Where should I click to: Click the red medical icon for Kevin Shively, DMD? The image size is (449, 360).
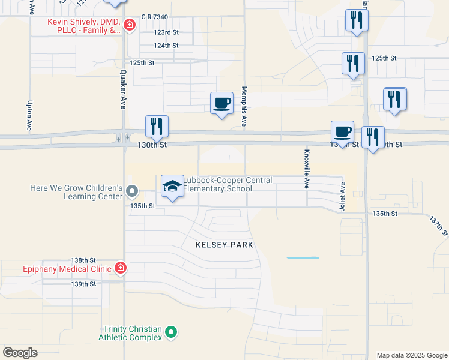[x=130, y=25]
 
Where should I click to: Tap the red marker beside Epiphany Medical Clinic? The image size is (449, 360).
[x=121, y=268]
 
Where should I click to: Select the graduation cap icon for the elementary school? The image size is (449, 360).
[x=172, y=186]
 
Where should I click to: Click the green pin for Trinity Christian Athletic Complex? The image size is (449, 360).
[x=171, y=332]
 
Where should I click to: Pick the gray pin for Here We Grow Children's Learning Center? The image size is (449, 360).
[x=133, y=192]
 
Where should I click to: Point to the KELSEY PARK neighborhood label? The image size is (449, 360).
[x=224, y=245]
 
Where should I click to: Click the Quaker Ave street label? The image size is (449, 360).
[x=122, y=88]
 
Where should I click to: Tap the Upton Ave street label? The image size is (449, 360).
[x=29, y=116]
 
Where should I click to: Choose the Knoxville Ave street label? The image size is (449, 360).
[x=306, y=169]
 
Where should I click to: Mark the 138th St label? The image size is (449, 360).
[x=83, y=260]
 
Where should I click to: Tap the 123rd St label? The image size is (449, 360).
[x=166, y=32]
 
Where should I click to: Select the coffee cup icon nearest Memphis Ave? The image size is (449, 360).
[x=221, y=103]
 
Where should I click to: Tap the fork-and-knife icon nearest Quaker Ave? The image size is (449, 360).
[x=157, y=126]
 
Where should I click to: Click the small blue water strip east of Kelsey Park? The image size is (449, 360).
[x=303, y=258]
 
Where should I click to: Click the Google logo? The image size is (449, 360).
[x=20, y=353]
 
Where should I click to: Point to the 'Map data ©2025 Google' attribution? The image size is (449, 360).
[x=411, y=355]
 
